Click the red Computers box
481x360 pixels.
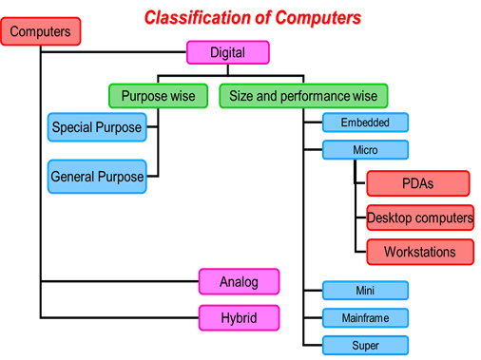tap(41, 31)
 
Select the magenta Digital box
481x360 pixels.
tap(227, 52)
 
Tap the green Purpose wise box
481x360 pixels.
tap(158, 96)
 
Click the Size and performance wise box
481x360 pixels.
tap(303, 96)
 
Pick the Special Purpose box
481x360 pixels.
tap(97, 127)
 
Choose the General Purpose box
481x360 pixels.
tap(97, 177)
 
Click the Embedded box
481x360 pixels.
tap(365, 123)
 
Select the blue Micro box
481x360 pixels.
tap(365, 150)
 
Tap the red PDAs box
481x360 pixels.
tap(418, 183)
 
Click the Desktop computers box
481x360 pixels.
tap(420, 218)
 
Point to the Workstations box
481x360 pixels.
tap(419, 252)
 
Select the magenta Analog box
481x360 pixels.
tap(240, 282)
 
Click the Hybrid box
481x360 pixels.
tap(240, 316)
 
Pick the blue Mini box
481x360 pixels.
tap(365, 291)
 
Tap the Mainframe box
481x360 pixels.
tap(365, 317)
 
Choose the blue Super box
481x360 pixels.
tap(365, 345)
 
